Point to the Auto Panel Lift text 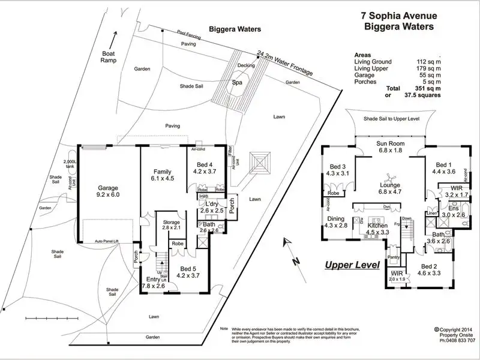click(107, 241)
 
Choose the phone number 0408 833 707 click(458, 340)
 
